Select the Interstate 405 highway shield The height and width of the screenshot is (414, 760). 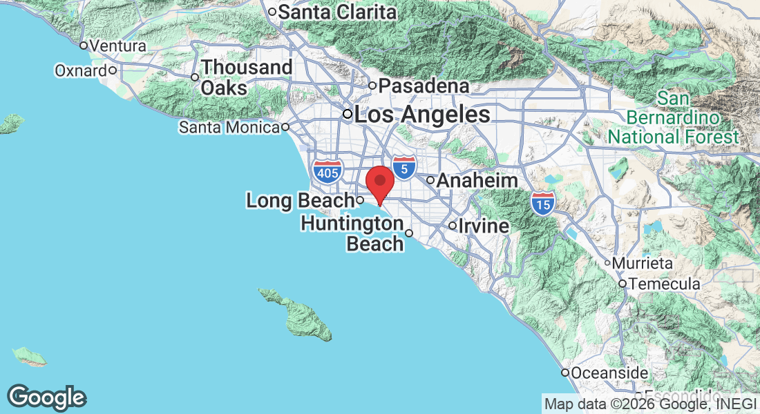(326, 170)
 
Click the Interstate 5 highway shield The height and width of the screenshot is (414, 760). (404, 166)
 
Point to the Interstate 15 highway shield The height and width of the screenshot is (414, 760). (543, 203)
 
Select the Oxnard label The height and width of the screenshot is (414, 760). (81, 70)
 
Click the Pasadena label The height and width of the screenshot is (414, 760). (424, 86)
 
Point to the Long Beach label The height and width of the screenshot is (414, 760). (300, 201)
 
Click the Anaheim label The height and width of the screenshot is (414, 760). (477, 180)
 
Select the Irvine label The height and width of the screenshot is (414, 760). (486, 226)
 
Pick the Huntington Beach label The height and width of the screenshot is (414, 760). (352, 234)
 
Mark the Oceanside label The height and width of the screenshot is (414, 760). (609, 373)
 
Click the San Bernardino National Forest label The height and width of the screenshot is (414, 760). (673, 117)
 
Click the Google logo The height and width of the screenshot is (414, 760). (47, 397)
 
